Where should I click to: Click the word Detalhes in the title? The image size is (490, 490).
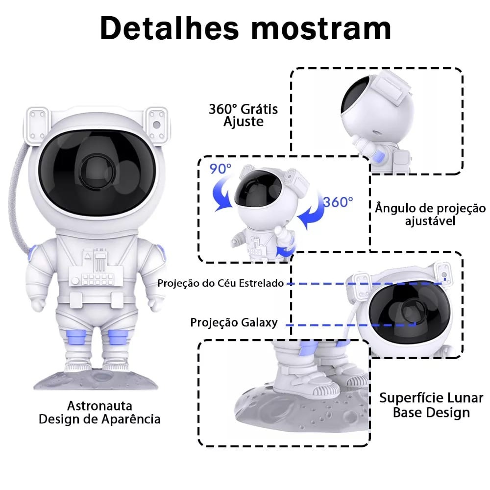point(172,28)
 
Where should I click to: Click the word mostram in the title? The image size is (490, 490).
point(321,28)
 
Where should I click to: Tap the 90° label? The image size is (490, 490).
point(220,170)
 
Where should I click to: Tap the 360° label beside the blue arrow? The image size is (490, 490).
point(338,201)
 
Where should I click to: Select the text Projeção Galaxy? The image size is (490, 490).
point(234,322)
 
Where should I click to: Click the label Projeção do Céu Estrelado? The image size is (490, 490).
point(220,283)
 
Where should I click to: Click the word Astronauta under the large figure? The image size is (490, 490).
point(99,406)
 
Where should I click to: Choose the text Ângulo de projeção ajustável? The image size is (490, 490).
point(430,214)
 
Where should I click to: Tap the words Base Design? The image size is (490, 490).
point(431,413)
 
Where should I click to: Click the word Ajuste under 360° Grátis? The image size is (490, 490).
point(244,122)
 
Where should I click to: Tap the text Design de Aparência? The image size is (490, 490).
point(99,419)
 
